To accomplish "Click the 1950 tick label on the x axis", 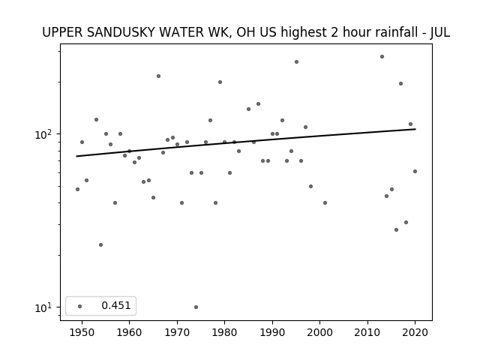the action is (82, 332).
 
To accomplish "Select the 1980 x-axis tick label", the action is (224, 332).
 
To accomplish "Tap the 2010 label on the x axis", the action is (367, 332).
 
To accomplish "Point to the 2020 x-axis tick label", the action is (415, 332).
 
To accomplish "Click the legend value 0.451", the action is (116, 305).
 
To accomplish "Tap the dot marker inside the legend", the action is (80, 306).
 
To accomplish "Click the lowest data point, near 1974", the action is (196, 307).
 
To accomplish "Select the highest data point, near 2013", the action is (382, 57).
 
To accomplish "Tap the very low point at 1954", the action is (100, 245).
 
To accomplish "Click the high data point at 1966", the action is (158, 76).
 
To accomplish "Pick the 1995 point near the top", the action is (297, 61).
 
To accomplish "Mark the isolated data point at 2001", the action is (325, 203).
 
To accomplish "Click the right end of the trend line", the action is (415, 129).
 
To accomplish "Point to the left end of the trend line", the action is (76, 157).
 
